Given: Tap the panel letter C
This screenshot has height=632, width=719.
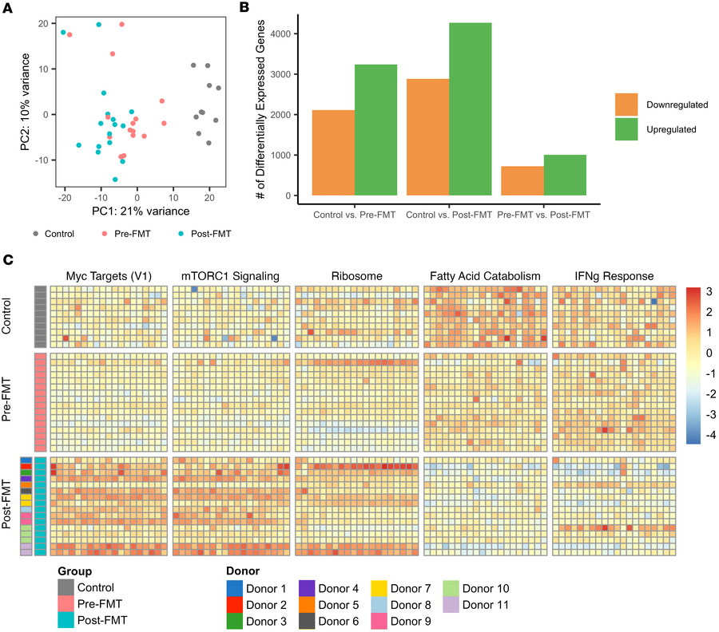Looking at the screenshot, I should point(6,259).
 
